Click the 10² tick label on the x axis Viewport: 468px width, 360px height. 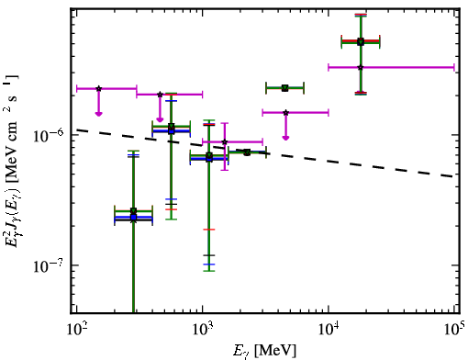[75, 330]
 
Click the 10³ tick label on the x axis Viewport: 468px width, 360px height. [202, 330]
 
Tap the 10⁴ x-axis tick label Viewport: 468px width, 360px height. [329, 330]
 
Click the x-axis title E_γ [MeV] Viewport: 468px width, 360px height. [264, 351]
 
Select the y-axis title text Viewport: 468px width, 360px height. [12, 161]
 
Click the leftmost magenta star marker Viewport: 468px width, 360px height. [98, 88]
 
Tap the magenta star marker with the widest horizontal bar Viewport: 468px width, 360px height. [361, 67]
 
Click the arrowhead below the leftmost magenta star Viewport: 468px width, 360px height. [98, 114]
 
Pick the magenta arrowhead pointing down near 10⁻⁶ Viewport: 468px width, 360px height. [285, 138]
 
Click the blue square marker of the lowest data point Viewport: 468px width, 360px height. [133, 217]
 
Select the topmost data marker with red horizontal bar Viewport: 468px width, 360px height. [361, 41]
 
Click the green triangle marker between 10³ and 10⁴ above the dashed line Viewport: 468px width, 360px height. [284, 88]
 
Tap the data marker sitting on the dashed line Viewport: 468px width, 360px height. [247, 152]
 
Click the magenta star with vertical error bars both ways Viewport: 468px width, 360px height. [225, 141]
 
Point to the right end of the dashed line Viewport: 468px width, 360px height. [453, 176]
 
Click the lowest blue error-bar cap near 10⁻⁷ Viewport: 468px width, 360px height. [209, 264]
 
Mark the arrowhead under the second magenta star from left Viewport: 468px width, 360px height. [160, 119]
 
